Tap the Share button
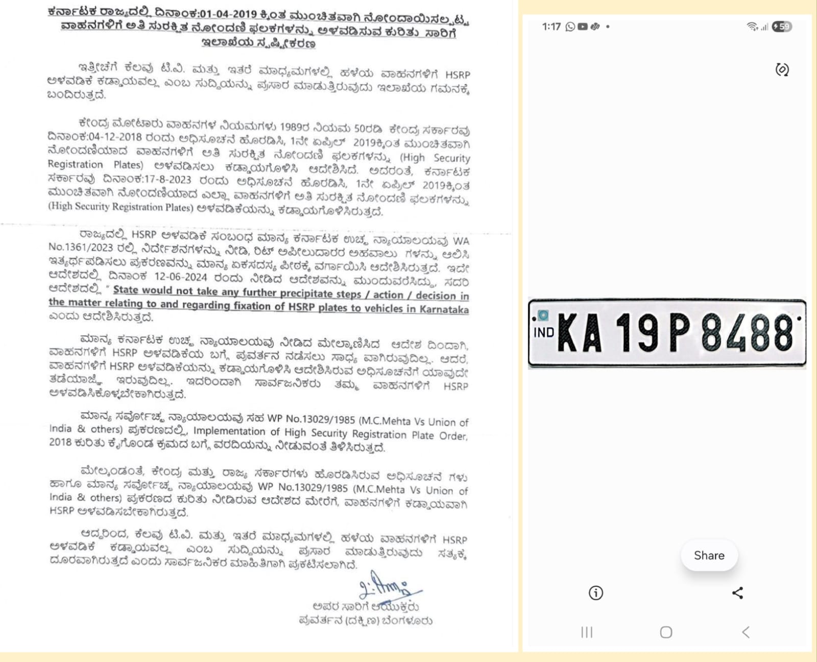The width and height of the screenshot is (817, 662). point(709,555)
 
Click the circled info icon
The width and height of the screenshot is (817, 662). point(596,593)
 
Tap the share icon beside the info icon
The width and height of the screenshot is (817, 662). point(737,593)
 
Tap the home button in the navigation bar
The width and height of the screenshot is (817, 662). point(666,632)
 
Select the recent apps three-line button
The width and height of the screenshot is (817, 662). point(587,632)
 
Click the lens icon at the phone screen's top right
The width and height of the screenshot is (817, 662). point(782,69)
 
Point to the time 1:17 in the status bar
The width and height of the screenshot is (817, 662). point(551,27)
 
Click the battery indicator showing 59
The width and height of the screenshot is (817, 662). point(782,27)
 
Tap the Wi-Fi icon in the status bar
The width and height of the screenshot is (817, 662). point(752,27)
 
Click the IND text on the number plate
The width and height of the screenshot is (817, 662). point(543,333)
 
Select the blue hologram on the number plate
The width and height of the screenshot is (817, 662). point(543,315)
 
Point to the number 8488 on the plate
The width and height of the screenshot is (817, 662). point(748,333)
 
